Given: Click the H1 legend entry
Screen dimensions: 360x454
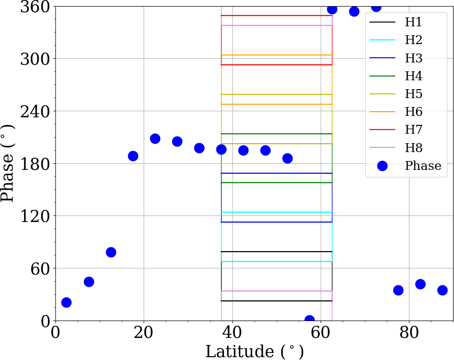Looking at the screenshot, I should (x=413, y=22).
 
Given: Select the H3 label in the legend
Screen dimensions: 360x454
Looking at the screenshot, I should (x=413, y=58).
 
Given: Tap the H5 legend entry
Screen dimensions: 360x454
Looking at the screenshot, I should (x=413, y=94).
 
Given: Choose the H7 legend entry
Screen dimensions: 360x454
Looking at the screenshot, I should (x=413, y=130).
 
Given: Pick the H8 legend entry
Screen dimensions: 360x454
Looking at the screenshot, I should (x=413, y=148).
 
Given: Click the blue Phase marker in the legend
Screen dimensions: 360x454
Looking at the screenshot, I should (x=382, y=166).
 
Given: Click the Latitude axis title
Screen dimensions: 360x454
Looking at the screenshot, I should (x=254, y=351).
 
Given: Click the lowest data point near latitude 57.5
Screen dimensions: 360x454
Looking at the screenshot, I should (x=309, y=320).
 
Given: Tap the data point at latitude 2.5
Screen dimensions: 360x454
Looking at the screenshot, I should (x=66, y=302).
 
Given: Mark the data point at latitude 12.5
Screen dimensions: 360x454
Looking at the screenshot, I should (x=111, y=252).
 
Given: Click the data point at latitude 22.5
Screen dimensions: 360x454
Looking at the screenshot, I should (x=155, y=138).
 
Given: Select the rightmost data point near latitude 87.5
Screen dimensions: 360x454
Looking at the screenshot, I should (x=442, y=290).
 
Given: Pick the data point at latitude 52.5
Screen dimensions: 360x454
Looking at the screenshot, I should (x=287, y=158).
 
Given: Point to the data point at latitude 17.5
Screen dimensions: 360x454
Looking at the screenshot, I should (x=133, y=156).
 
